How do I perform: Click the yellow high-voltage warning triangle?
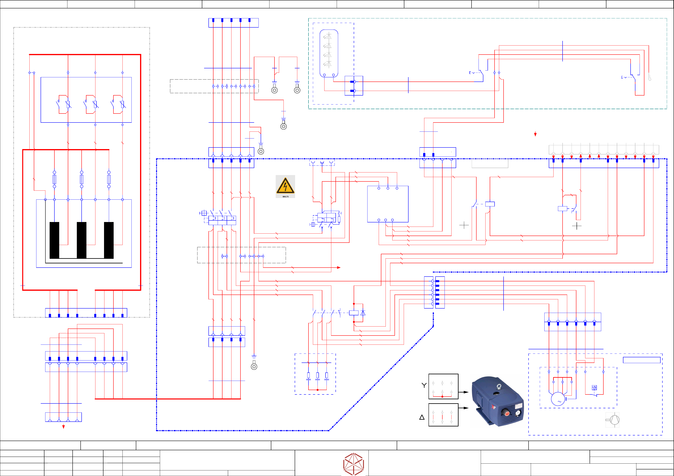(x=285, y=186)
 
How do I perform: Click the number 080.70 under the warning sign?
(x=285, y=196)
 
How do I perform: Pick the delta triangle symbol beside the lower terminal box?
(x=422, y=417)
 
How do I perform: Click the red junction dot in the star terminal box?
(x=442, y=396)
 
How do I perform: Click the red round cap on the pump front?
(x=507, y=413)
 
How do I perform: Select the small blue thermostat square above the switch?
(x=594, y=388)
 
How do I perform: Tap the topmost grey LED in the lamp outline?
(x=328, y=36)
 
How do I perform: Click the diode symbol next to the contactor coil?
(x=363, y=313)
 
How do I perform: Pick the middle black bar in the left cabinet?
(x=82, y=240)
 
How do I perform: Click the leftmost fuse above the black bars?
(x=54, y=179)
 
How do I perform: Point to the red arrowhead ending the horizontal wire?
(x=339, y=267)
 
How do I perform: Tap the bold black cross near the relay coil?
(x=577, y=226)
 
